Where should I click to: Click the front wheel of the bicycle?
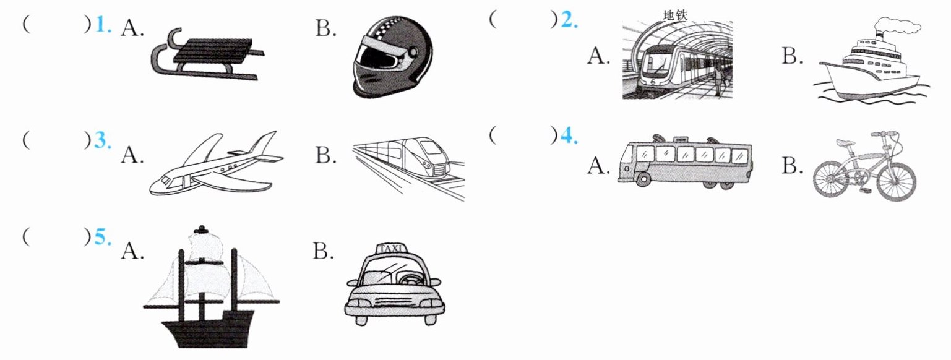[894, 179]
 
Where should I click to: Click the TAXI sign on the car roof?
[393, 249]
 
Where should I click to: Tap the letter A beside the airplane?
[132, 155]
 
